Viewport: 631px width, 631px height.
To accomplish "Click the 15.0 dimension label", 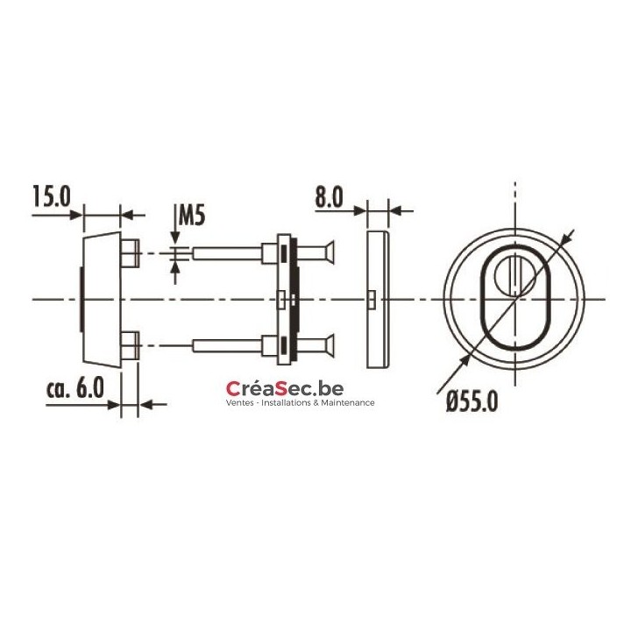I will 51,195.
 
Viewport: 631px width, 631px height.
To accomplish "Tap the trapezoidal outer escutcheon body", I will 101,299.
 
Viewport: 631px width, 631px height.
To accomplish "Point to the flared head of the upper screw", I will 325,255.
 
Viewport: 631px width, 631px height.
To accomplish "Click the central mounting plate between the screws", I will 286,299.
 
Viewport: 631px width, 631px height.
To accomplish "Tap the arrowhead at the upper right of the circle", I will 571,236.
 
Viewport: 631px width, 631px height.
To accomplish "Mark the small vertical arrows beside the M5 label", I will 179,254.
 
